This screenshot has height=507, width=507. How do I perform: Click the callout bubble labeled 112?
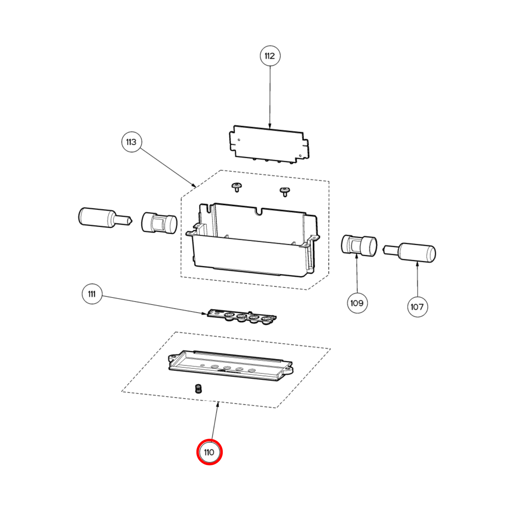coord(270,56)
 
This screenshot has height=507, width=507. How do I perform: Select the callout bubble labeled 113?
coord(131,142)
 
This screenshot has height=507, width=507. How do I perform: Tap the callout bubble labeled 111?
coord(92,294)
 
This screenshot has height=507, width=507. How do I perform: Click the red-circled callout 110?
coord(209,452)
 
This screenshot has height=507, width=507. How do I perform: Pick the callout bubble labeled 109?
coord(357,303)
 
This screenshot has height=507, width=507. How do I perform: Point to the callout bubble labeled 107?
coord(417,307)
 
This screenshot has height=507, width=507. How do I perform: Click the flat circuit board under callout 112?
coord(269,144)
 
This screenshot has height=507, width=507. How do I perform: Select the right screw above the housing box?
coord(285,192)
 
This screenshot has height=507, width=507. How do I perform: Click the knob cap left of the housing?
coord(159,223)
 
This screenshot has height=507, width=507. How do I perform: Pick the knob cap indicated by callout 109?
coord(359,245)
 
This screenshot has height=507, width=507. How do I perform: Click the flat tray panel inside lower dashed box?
coord(230,366)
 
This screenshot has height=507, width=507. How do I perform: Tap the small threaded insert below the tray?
coord(199,389)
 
